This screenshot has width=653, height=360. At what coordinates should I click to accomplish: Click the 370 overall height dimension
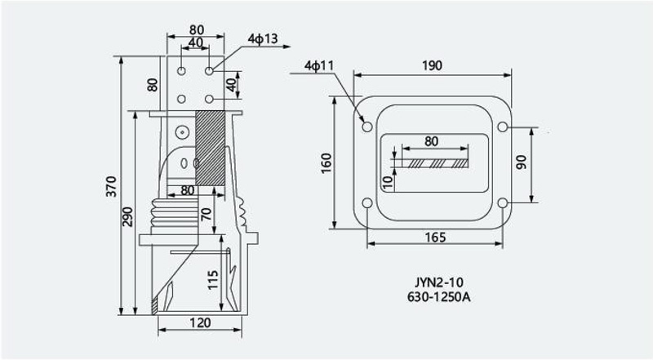(111, 186)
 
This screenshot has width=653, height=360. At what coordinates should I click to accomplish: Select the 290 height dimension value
(127, 216)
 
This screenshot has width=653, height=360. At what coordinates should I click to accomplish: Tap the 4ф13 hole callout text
(262, 38)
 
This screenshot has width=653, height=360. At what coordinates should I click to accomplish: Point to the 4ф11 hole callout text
(319, 65)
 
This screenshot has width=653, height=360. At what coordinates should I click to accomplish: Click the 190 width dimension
(433, 65)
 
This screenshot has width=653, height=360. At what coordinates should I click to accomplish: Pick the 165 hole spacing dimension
(435, 237)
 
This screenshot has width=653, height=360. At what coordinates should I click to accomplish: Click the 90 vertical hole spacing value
(521, 162)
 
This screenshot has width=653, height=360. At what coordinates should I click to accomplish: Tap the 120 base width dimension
(200, 323)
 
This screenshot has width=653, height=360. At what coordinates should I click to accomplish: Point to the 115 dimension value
(212, 280)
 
